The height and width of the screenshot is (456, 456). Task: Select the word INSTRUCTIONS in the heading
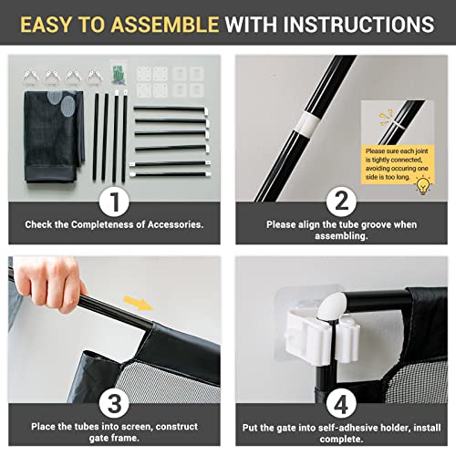point(359,25)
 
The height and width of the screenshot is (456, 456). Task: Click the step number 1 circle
point(113,200)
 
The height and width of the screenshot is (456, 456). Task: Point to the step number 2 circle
point(341,200)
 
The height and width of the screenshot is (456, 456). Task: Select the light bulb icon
point(422,184)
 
